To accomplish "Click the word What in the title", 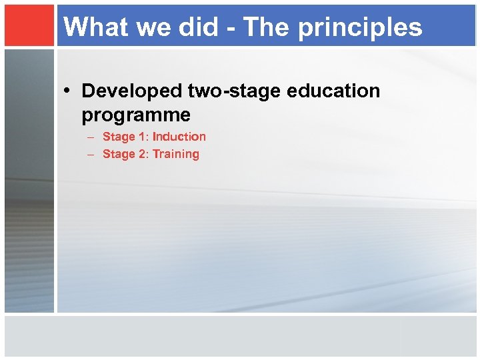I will pyautogui.click(x=93, y=27).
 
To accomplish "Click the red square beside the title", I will pyautogui.click(x=29, y=25).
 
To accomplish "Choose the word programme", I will pyautogui.click(x=136, y=115).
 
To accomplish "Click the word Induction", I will pyautogui.click(x=179, y=137).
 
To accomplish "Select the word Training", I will pyautogui.click(x=176, y=154).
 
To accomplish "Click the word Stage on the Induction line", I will pyautogui.click(x=119, y=137).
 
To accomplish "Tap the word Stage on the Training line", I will pyautogui.click(x=119, y=154).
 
